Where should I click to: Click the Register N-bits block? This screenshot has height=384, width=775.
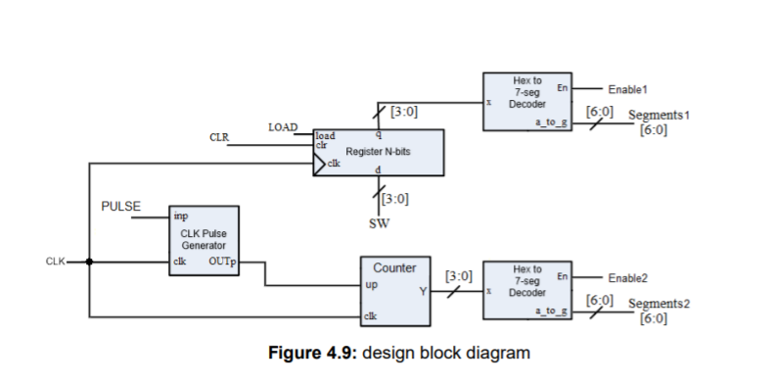tap(377, 153)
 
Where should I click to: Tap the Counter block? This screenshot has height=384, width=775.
tap(394, 290)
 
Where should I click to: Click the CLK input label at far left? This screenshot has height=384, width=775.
tap(55, 262)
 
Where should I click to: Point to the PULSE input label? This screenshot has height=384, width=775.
tap(121, 208)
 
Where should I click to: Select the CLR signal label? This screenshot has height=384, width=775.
tap(219, 138)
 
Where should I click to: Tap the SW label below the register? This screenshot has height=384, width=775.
tap(379, 221)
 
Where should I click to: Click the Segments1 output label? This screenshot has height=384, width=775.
tap(659, 115)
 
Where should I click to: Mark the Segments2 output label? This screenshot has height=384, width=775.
tap(659, 304)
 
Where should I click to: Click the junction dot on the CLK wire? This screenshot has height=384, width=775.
tap(89, 262)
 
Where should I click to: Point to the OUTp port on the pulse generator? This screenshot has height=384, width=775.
tap(223, 262)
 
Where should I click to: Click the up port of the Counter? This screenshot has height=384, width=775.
tap(372, 284)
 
